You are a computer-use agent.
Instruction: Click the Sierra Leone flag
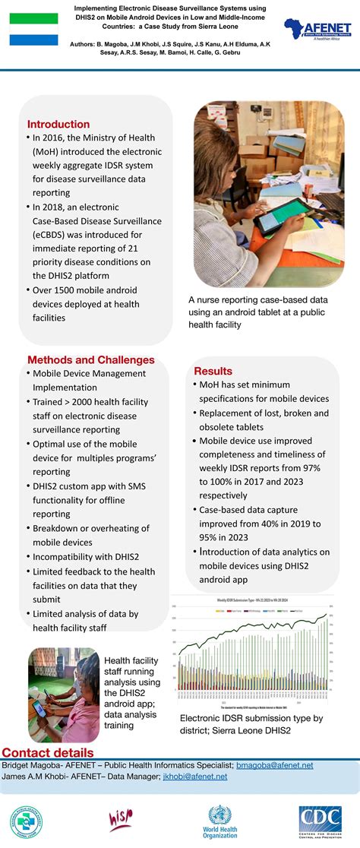(33, 29)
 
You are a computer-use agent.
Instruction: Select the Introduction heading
(58, 124)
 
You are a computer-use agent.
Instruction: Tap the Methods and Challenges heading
(90, 359)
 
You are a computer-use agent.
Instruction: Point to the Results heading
(213, 371)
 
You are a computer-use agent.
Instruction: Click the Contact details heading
(46, 753)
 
